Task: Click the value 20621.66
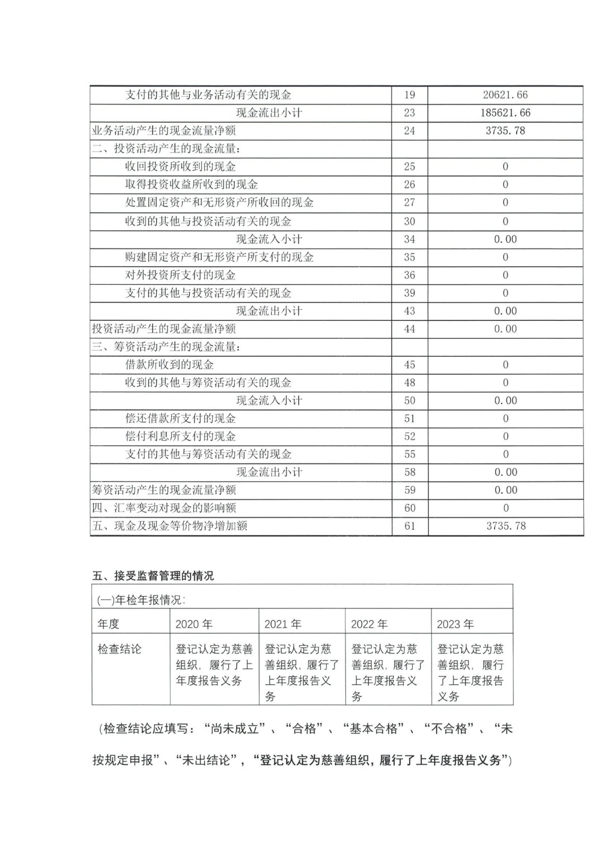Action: pos(505,95)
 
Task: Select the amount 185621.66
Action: pos(505,113)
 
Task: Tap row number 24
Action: pos(409,131)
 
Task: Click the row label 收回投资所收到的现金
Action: pos(180,167)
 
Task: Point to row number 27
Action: pos(409,202)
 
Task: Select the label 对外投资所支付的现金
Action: pos(180,275)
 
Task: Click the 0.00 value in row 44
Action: pos(505,329)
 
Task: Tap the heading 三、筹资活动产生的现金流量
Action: pos(166,347)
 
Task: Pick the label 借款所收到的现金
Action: pos(169,365)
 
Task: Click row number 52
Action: pos(409,437)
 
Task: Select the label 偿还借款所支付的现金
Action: pos(180,419)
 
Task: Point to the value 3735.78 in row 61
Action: pos(505,526)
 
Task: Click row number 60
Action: pos(409,508)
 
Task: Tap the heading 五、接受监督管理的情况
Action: pos(153,576)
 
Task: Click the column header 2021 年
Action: pos(283,624)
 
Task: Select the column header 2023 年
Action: pos(455,624)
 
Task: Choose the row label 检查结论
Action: pos(120,649)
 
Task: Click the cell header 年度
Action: pos(108,624)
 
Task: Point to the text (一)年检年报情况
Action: pos(141,600)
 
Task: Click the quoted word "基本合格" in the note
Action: pos(374,729)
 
